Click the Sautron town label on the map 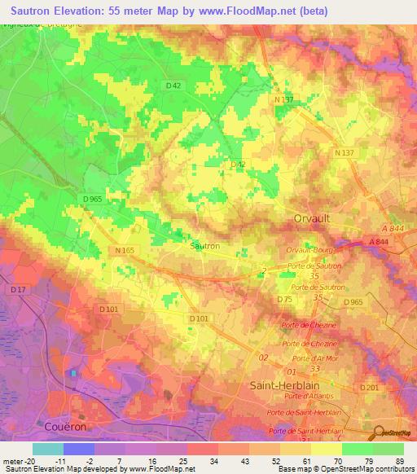click(x=204, y=245)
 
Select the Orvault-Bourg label click(x=310, y=251)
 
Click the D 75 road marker click(x=284, y=300)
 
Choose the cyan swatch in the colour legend click(x=48, y=449)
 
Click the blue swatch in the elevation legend click(x=79, y=449)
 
